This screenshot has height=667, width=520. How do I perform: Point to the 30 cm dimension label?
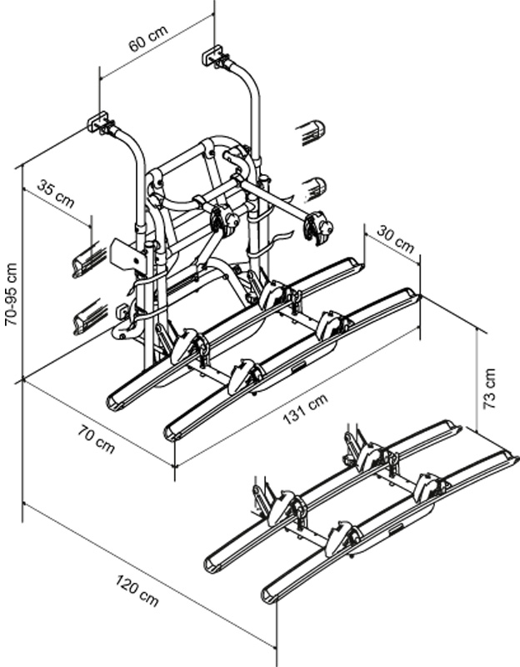click(x=395, y=238)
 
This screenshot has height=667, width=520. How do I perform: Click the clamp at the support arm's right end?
click(x=317, y=227)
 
